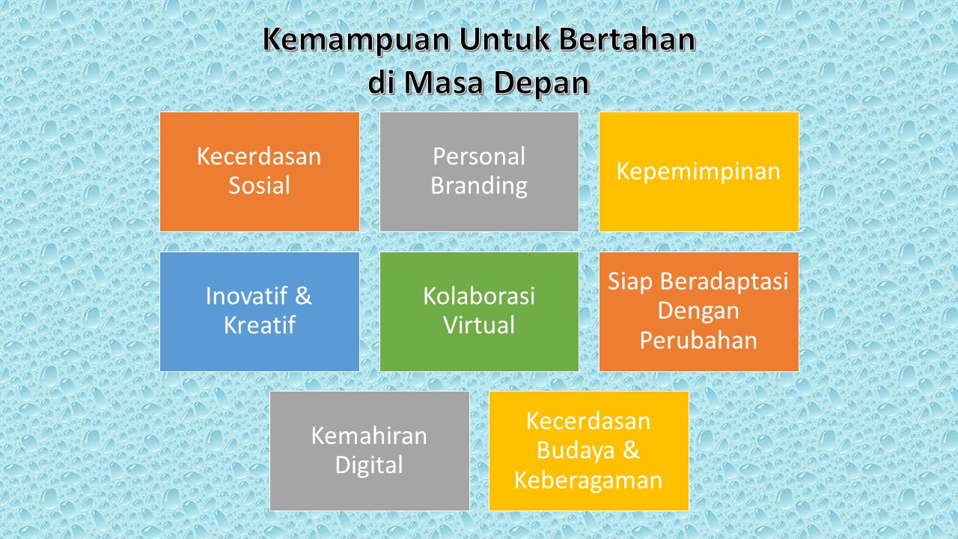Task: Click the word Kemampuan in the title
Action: [x=355, y=42]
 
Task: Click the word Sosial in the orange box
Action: [x=259, y=185]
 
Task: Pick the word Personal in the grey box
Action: [x=479, y=156]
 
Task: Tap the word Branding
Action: [x=479, y=186]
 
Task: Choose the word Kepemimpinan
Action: [x=698, y=171]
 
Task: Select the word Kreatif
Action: [x=259, y=326]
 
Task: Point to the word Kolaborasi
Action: [x=479, y=296]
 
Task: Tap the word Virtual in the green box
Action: [x=479, y=326]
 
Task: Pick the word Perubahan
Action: [x=698, y=341]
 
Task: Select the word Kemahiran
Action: [x=369, y=436]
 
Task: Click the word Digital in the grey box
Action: [x=369, y=465]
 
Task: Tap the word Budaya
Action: [x=568, y=451]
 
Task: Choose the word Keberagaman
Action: [x=588, y=480]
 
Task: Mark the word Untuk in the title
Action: [x=504, y=42]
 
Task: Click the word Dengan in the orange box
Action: [x=698, y=311]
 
